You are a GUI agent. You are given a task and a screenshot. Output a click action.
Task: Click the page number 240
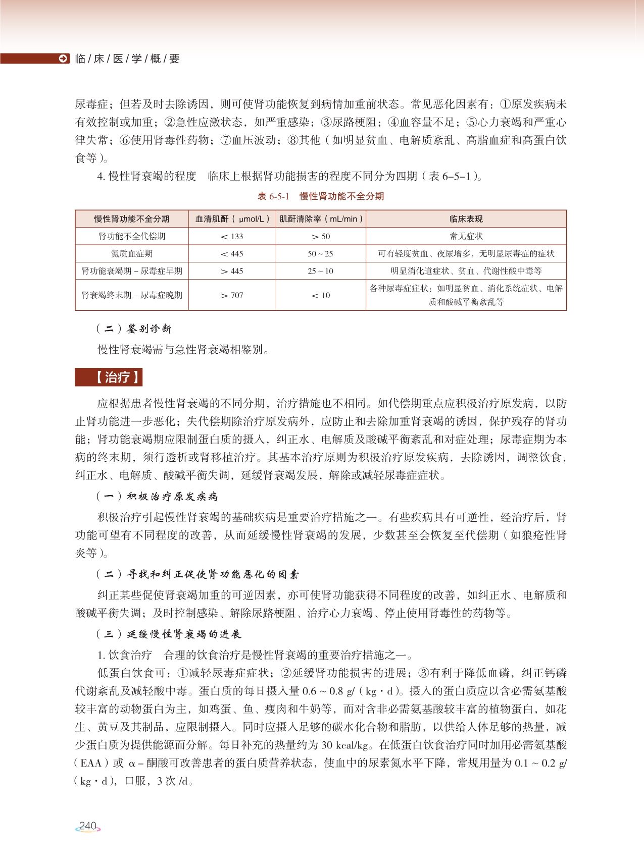pos(88,826)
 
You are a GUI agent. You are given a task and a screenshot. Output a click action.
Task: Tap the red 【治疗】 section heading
pos(109,377)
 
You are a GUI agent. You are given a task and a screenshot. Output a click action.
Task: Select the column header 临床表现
pos(466,219)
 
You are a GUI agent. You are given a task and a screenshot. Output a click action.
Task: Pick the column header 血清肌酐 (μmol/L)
pos(232,219)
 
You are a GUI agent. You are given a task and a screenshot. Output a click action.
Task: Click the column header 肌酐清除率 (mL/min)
pos(321,219)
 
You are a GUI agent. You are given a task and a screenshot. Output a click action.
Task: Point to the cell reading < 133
pos(232,236)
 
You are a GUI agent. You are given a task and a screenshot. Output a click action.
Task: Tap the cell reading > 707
pos(232,295)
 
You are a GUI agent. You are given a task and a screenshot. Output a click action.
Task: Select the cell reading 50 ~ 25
pos(320,254)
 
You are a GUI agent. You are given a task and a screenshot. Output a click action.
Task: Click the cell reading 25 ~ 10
pos(320,271)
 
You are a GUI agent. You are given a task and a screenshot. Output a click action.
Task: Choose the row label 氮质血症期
pos(132,254)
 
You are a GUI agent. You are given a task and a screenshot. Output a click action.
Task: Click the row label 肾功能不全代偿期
pos(132,236)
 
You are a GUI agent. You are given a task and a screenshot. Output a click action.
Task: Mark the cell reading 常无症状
pos(466,236)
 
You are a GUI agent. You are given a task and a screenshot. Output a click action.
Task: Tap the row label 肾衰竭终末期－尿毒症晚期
pos(132,295)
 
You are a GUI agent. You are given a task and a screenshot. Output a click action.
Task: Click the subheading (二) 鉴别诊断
pos(134,329)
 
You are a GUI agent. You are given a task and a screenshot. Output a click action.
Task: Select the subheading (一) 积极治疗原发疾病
pos(157,497)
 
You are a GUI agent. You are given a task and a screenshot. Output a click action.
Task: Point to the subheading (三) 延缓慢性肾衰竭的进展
pos(169,634)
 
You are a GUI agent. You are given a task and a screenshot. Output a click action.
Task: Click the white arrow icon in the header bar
pos(63,59)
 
